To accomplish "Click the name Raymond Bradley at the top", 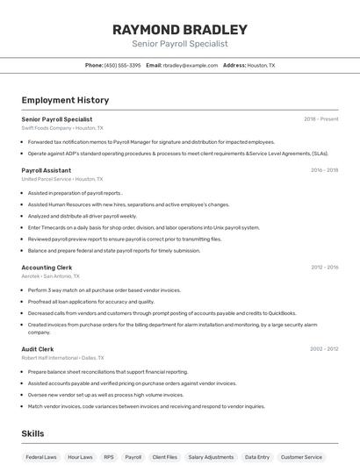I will (x=179, y=30).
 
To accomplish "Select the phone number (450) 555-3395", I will (x=122, y=65).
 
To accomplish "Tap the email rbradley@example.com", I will (x=190, y=65).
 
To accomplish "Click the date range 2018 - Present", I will (x=320, y=118).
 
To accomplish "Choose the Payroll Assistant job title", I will (x=47, y=170).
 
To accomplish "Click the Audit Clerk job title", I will (x=38, y=348).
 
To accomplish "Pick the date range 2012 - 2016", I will (x=324, y=267).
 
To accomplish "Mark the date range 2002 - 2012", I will (x=324, y=348).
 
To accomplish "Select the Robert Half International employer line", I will (x=62, y=357).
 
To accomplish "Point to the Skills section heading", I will (x=33, y=433).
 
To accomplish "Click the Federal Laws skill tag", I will (x=41, y=457).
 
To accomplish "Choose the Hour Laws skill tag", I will (x=80, y=457).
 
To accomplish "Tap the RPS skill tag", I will (x=109, y=457).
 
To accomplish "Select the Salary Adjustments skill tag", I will (x=211, y=457).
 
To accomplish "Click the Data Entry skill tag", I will (x=257, y=457).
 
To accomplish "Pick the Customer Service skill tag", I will (x=301, y=457).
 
